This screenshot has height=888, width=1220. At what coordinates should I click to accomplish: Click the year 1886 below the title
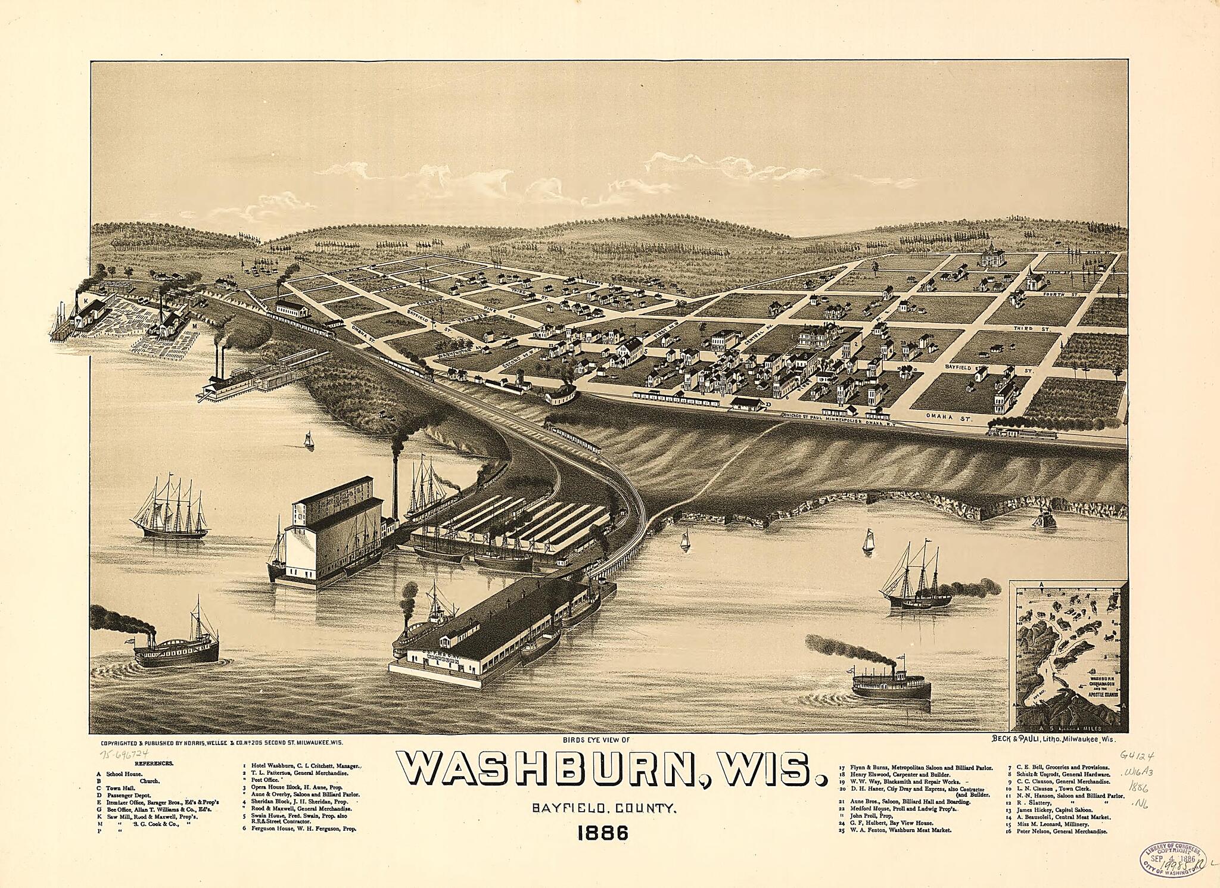(603, 832)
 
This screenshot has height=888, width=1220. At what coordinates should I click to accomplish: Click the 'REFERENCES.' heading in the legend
(154, 763)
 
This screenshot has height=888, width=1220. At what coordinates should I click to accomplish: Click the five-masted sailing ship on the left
(170, 509)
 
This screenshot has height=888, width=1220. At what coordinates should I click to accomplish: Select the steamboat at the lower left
(176, 646)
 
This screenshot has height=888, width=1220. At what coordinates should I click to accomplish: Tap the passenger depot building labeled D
(747, 404)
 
